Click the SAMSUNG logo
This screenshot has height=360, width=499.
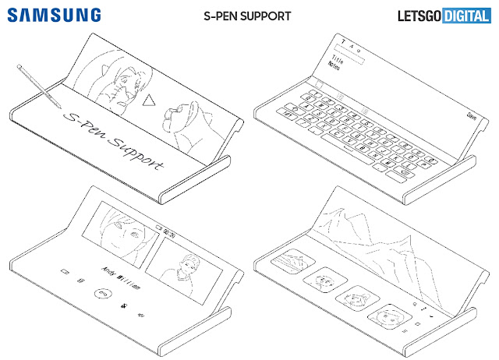click(x=55, y=15)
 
